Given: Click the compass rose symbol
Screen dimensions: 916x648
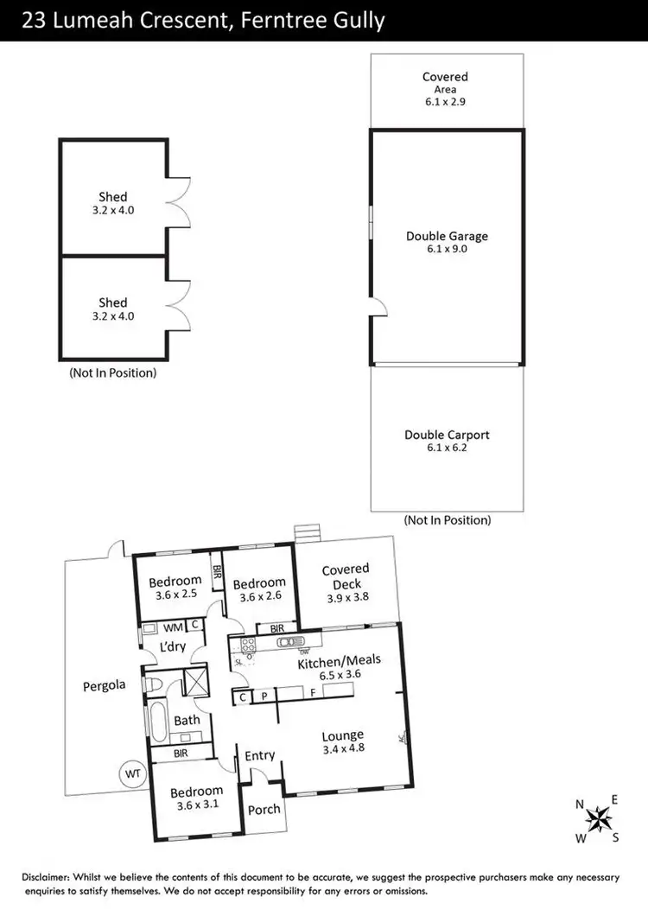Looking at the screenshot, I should [x=597, y=817].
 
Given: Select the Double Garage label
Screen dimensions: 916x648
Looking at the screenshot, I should [x=447, y=236].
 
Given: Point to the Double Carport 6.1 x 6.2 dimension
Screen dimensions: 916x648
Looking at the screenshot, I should [x=447, y=448].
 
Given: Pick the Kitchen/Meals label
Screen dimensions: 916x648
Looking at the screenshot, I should [x=339, y=663].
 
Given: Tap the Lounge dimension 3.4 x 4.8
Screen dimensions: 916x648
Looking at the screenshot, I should [x=342, y=749].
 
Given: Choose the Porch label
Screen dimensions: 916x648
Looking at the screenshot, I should [x=264, y=810].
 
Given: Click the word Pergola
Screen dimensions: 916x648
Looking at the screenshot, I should [x=105, y=685].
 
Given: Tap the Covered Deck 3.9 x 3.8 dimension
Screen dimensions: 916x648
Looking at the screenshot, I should [x=346, y=598].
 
